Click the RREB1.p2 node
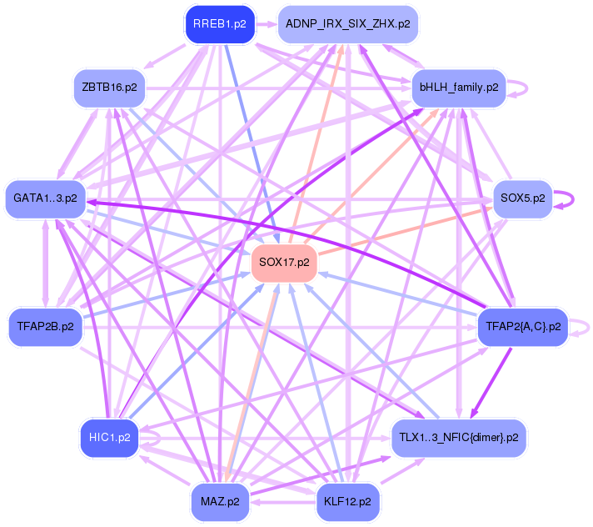219,24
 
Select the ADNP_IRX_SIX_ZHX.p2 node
347,24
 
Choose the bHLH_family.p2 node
459,87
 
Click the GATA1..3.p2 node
45,198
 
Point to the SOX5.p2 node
523,198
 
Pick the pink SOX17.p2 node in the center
284,263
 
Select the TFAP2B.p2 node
45,326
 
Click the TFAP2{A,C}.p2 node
523,326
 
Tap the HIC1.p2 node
109,437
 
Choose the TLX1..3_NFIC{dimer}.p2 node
459,437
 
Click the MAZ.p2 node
220,501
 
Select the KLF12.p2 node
348,501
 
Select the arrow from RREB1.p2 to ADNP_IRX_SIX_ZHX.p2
267,24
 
